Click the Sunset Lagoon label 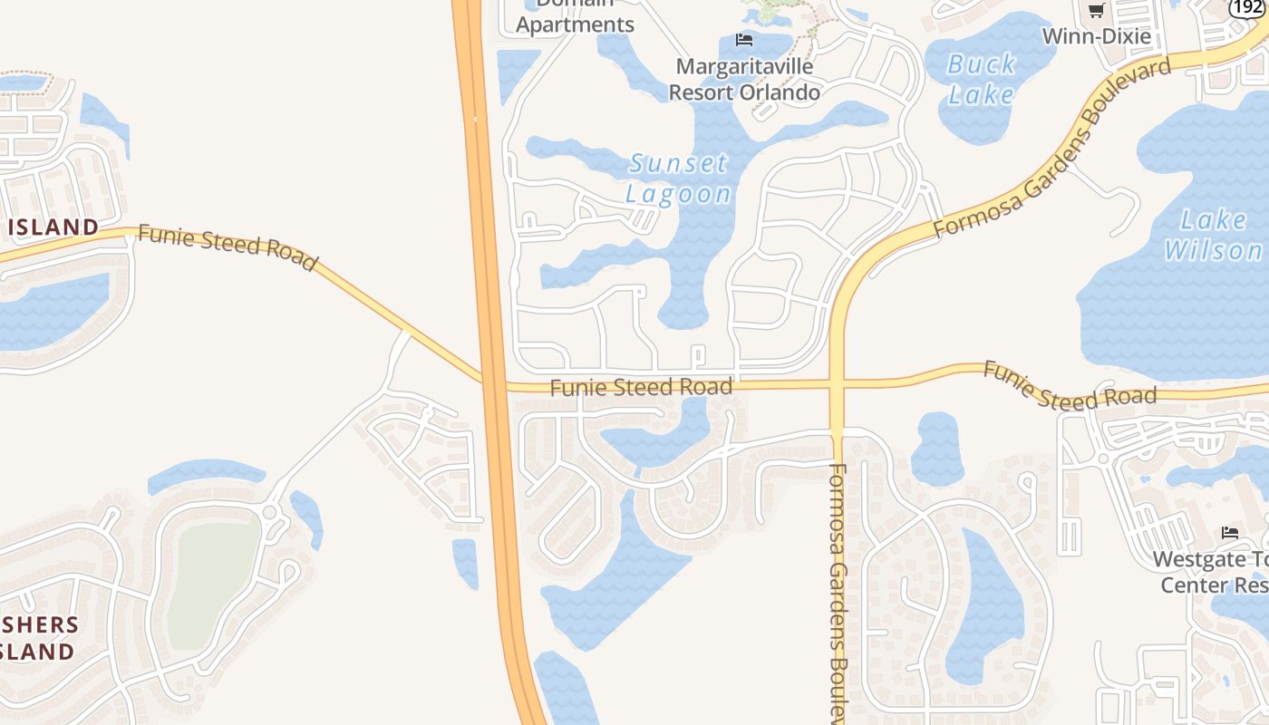tap(678, 179)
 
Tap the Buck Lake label tap(981, 79)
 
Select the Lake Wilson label tap(1214, 234)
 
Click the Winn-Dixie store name tap(1096, 36)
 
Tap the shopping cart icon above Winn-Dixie tap(1096, 11)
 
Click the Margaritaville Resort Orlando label tap(744, 79)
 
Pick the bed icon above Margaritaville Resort tap(744, 40)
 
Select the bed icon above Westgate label tap(1230, 532)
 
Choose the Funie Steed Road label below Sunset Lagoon tap(641, 388)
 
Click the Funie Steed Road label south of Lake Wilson tap(1070, 386)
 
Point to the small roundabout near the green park tap(270, 513)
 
